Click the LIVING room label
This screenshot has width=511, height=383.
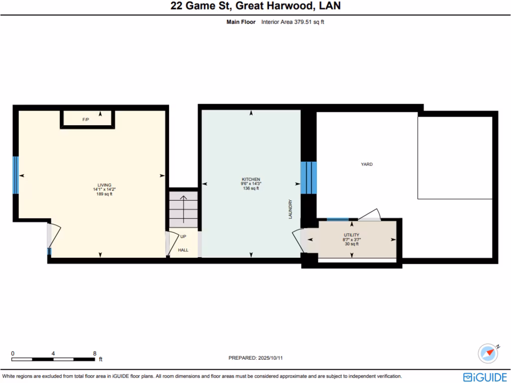tap(104, 185)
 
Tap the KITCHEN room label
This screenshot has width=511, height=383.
tap(251, 179)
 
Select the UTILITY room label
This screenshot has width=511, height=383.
tap(351, 235)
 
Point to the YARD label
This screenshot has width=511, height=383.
tap(367, 164)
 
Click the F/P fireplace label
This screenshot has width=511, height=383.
tap(86, 120)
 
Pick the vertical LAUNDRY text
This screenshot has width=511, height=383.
tap(290, 209)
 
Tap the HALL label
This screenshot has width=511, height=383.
tap(183, 250)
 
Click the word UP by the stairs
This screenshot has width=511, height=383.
tap(183, 236)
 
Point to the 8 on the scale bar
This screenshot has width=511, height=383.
tap(95, 353)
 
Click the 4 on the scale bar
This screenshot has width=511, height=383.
tap(53, 353)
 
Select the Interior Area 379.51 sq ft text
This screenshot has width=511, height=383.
tap(293, 22)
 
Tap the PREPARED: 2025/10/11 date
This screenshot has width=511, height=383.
tap(258, 358)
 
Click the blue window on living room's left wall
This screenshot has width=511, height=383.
tap(15, 175)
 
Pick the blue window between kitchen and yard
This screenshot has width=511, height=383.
tap(308, 178)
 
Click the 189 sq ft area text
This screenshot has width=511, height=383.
tap(104, 194)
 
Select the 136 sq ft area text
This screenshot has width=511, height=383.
tap(251, 188)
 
